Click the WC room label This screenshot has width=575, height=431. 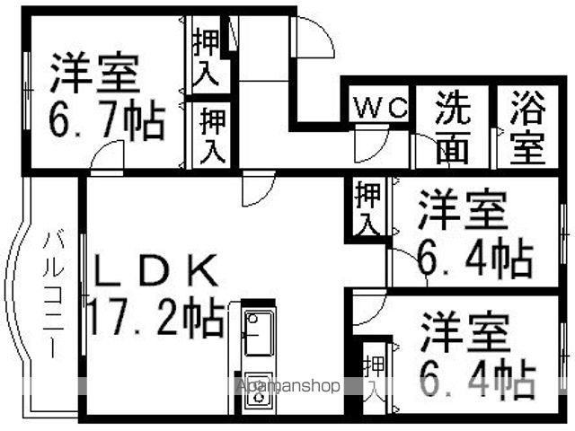pos(381,107)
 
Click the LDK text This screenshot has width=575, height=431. pos(155,270)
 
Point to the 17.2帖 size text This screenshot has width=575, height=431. pos(156,317)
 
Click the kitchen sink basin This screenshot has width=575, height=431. pos(258,333)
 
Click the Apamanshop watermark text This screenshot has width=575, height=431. pos(288,385)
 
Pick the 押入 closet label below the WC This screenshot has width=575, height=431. pos(367,208)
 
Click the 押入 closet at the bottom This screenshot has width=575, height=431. pos(374,379)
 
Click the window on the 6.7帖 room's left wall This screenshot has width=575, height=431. pos(27,90)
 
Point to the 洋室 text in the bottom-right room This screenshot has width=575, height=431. pos(465,332)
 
